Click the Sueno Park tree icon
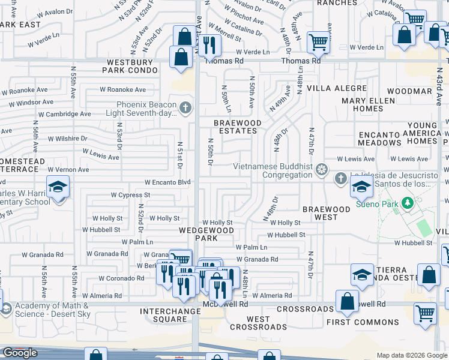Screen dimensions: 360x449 point(408,203)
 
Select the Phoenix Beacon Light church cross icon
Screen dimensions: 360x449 point(185,108)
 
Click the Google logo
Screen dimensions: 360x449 point(20,353)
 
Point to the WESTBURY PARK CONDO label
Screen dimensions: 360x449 point(133,67)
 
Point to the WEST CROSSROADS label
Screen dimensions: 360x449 point(258,323)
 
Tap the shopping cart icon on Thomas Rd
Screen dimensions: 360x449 point(318,42)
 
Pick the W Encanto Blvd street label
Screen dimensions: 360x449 point(167,182)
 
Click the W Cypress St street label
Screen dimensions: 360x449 point(130,195)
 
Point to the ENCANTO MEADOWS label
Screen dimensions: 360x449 point(379,139)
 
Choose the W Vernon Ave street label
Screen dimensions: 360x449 point(68,170)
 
